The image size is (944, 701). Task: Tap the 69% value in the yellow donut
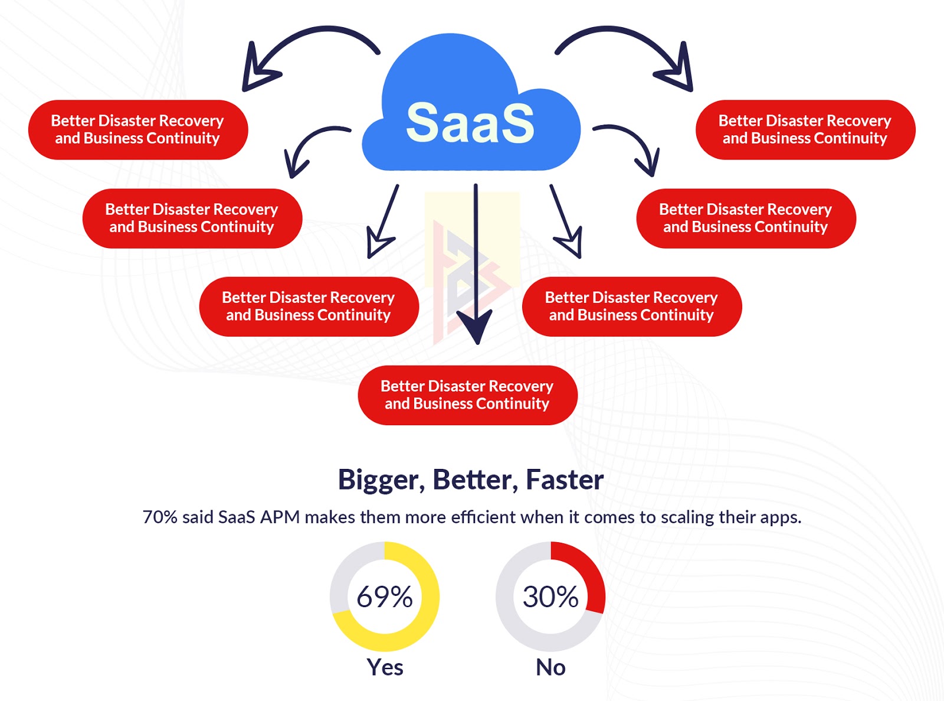[384, 596]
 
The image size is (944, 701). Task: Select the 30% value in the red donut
[550, 596]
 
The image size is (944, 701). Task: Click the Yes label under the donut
[385, 667]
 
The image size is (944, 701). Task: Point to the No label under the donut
[550, 667]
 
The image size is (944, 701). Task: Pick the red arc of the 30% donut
[588, 571]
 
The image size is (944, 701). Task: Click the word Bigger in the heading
[381, 480]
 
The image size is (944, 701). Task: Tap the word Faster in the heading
[565, 480]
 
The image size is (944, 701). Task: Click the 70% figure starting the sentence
[160, 517]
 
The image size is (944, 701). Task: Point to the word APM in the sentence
[280, 517]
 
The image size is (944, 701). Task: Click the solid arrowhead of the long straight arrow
[474, 327]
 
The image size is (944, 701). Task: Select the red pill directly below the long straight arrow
[467, 395]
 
